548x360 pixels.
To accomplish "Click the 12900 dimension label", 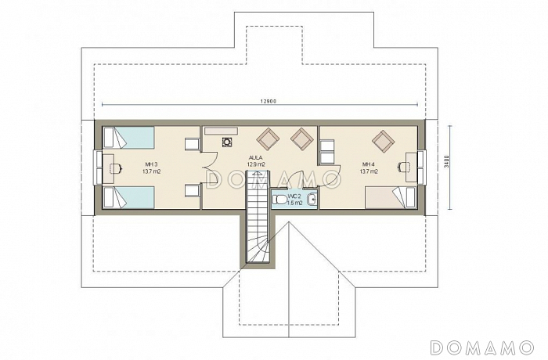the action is (269, 102).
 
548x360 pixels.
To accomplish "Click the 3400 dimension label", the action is (447, 162).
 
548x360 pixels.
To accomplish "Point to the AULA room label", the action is (256, 157).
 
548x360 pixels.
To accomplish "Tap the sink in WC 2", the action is (312, 200).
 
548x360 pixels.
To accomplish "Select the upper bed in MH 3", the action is (129, 138).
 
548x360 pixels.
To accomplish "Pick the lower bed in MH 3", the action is (129, 197).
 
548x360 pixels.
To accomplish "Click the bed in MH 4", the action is (391, 198).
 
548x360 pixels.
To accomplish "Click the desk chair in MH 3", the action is (116, 168).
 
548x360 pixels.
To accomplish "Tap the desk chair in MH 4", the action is (403, 167).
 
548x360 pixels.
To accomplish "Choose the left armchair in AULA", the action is (268, 139).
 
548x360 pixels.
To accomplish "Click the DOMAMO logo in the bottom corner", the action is (482, 347).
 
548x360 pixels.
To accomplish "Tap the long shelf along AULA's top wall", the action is (221, 131).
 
